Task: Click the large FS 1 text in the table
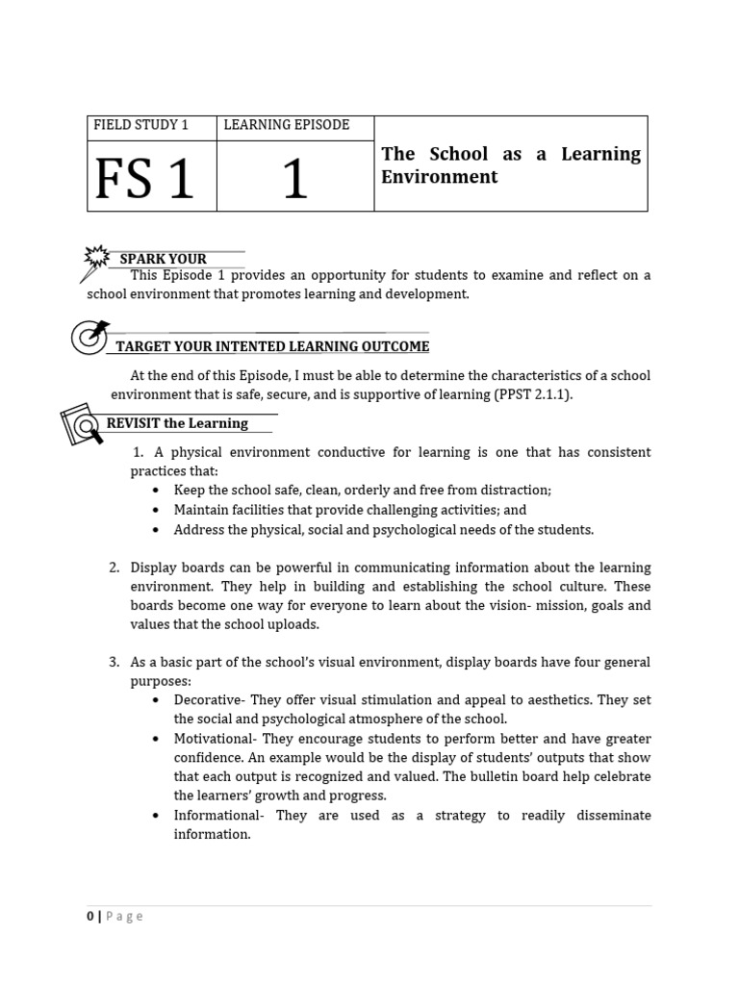coord(144,178)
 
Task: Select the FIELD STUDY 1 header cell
coord(140,126)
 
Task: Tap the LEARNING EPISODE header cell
coord(286,126)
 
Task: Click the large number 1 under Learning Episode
coord(294,179)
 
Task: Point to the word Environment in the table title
coord(439,177)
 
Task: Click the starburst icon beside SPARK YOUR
coord(97,257)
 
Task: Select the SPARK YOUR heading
coord(163,259)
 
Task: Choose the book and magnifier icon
coord(82,424)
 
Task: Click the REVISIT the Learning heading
coord(177,423)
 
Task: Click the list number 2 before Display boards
coord(115,568)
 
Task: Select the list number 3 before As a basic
coord(115,662)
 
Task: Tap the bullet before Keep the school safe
coord(156,491)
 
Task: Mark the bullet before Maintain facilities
coord(156,510)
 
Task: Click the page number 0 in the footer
coord(90,917)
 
